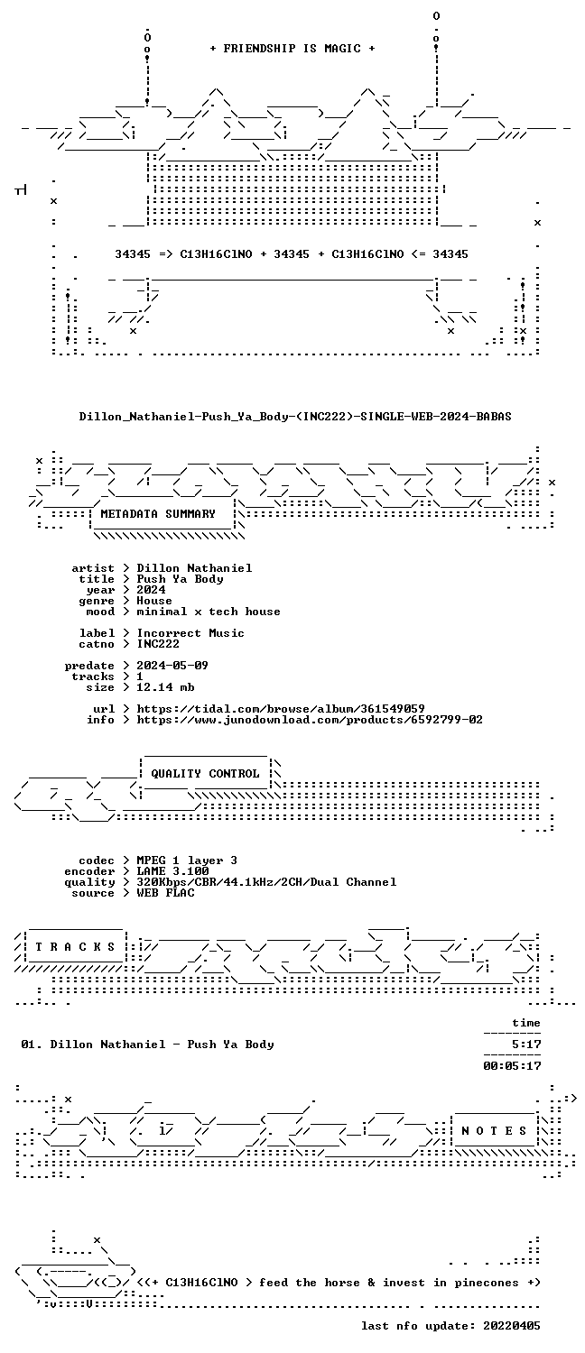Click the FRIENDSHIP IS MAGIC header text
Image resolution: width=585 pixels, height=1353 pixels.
pos(292,49)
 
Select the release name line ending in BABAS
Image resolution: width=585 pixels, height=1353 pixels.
pos(295,416)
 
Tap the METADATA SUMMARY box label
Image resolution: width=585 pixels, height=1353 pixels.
pos(158,514)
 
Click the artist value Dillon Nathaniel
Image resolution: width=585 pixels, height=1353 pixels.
pos(194,567)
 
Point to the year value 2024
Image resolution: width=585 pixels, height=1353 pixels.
pos(151,590)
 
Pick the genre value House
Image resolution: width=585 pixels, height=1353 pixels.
pos(154,601)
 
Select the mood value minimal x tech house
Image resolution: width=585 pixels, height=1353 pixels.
pos(209,612)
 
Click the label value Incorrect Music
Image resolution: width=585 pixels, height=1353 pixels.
pos(190,633)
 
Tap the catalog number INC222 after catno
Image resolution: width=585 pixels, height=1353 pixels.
pos(158,644)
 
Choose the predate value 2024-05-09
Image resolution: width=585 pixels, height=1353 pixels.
pos(172,665)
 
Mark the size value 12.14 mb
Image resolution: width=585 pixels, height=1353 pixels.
pos(165,686)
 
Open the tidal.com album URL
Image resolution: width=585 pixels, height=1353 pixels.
pos(281,708)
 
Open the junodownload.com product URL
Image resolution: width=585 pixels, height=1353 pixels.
pos(310,720)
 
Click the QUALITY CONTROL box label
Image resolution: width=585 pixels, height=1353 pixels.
pos(205,774)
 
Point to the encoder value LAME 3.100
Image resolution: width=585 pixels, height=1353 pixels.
pos(172,871)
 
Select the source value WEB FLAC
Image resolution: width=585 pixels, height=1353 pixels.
pos(165,893)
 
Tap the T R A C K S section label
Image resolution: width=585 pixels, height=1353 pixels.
pos(75,946)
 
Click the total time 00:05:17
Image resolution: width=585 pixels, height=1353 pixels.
pos(512,1066)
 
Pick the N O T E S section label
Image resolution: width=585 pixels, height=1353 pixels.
pos(494,1131)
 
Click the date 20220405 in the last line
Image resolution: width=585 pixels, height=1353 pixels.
pos(512,1326)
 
